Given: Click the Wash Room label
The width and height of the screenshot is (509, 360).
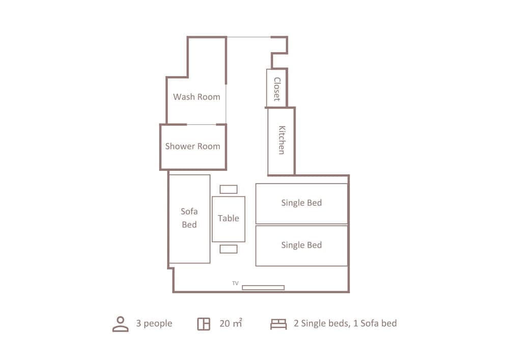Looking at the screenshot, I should click(196, 97).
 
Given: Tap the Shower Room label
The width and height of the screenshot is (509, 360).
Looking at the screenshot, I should click(192, 146).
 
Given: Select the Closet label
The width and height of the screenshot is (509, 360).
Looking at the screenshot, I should click(277, 89).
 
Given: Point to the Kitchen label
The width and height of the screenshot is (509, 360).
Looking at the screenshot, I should click(281, 140).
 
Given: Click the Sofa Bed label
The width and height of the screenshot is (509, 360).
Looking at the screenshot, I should click(189, 218).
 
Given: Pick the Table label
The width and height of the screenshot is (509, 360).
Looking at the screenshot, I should click(229, 218).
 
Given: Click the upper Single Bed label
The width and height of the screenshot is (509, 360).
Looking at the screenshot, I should click(301, 203).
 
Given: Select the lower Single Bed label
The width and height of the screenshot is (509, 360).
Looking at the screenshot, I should click(301, 245).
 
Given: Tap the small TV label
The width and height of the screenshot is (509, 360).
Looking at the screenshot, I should click(235, 283).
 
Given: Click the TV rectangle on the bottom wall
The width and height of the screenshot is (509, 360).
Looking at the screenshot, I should click(263, 288).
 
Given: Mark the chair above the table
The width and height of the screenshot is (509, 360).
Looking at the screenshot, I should click(229, 189).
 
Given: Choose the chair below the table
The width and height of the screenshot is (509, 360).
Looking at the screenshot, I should click(229, 249).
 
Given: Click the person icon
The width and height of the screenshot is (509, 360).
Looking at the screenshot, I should click(121, 324).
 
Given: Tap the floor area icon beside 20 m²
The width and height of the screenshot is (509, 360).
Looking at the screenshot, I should click(204, 324).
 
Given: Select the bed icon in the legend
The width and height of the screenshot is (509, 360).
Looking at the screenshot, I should click(278, 324).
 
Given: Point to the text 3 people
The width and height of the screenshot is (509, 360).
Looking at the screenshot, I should click(154, 323).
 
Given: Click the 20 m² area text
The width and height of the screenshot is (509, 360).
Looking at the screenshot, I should click(231, 323).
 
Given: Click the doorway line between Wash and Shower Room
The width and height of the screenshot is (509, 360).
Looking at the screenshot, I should click(202, 124).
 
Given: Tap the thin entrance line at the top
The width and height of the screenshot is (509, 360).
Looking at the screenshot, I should click(248, 37).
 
